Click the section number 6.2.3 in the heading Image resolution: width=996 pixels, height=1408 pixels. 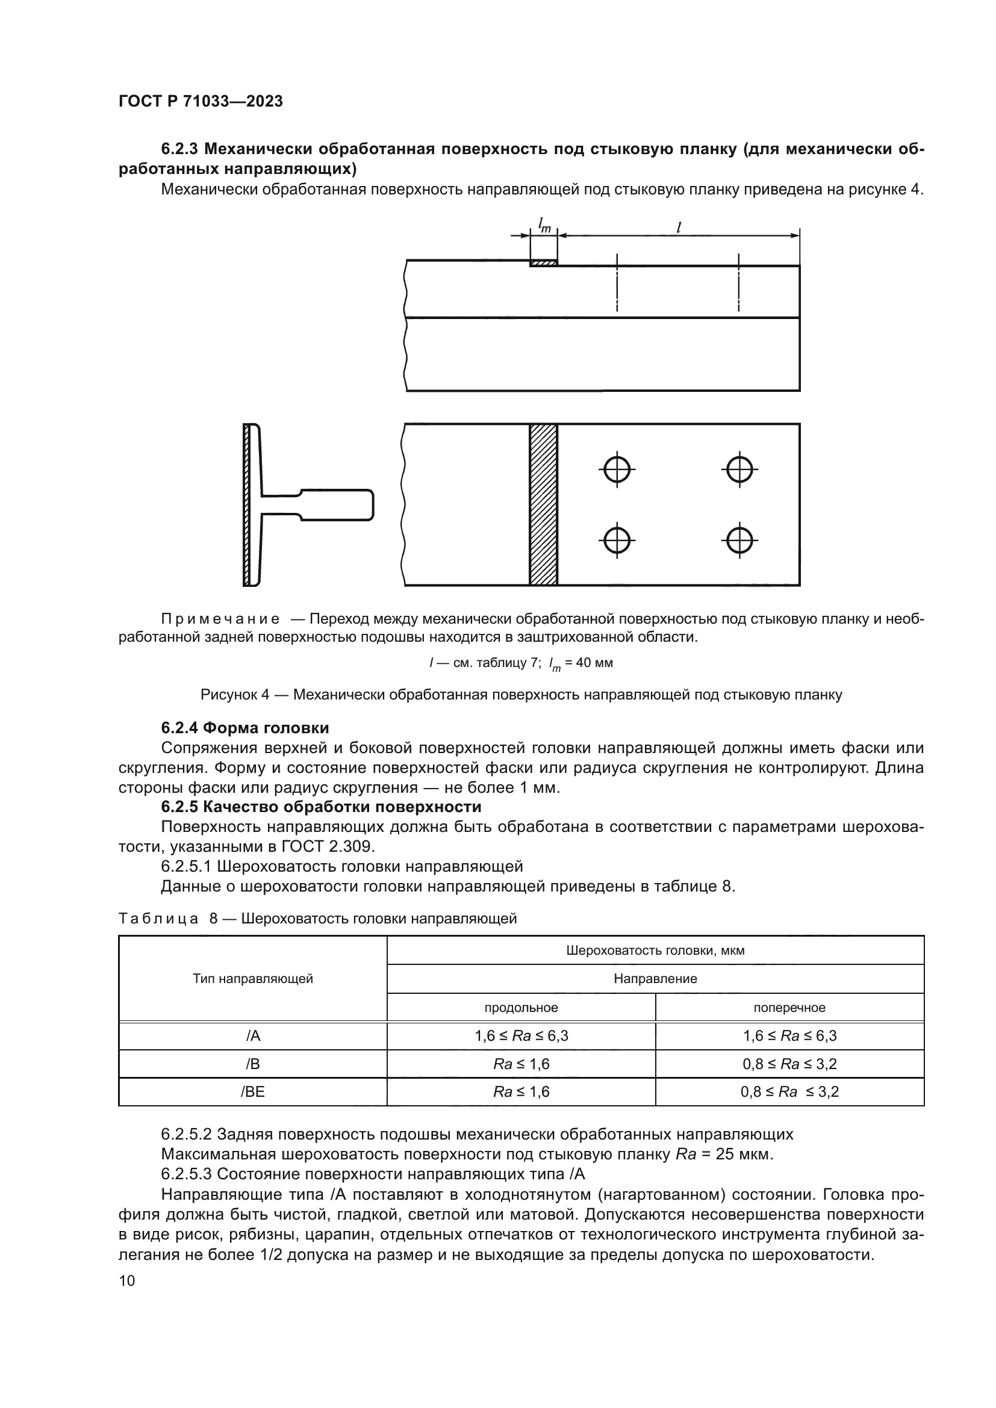tap(179, 149)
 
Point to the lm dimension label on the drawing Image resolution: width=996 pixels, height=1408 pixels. tap(544, 226)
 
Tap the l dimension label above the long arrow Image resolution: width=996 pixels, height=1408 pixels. tap(678, 227)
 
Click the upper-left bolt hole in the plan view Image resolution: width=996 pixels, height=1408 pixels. tap(617, 470)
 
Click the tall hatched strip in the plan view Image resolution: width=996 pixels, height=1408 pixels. tap(543, 504)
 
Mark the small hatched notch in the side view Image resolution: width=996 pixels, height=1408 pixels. tap(543, 263)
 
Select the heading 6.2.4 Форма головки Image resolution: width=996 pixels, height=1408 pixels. tap(244, 728)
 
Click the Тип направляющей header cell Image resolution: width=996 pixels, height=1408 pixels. tap(253, 979)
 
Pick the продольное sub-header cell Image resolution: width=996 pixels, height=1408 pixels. tap(521, 1008)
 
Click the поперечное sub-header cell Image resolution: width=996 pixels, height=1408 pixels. tap(789, 1008)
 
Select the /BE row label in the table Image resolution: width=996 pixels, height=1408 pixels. tap(253, 1091)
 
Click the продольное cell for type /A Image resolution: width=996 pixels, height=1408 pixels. tap(521, 1036)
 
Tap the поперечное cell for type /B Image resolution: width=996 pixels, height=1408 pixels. tap(789, 1064)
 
